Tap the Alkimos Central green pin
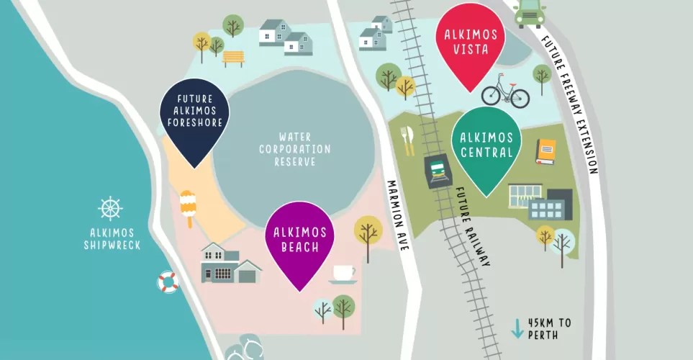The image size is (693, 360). pos(486,144)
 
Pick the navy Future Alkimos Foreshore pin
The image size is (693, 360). pos(194,115)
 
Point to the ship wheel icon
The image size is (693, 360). pos(111,208)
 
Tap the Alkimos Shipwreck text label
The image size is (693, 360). pos(111,239)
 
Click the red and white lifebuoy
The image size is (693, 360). pos(168,282)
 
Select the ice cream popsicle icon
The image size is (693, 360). pos(188,207)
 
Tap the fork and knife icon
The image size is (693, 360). pos(408,140)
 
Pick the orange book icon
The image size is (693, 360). pos(546,151)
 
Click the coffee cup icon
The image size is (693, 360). pos(343,274)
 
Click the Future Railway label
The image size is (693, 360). pos(473,228)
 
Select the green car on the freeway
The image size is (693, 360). pos(529,12)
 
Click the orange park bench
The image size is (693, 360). pos(233,57)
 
